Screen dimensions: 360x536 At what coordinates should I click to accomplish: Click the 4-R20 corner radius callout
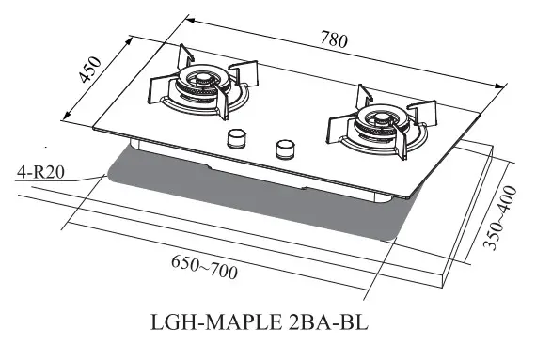(39, 172)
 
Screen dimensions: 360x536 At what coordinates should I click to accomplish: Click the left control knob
(235, 141)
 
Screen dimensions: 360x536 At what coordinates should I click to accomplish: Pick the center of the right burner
(376, 120)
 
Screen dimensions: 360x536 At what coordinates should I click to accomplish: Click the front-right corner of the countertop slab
(446, 286)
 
